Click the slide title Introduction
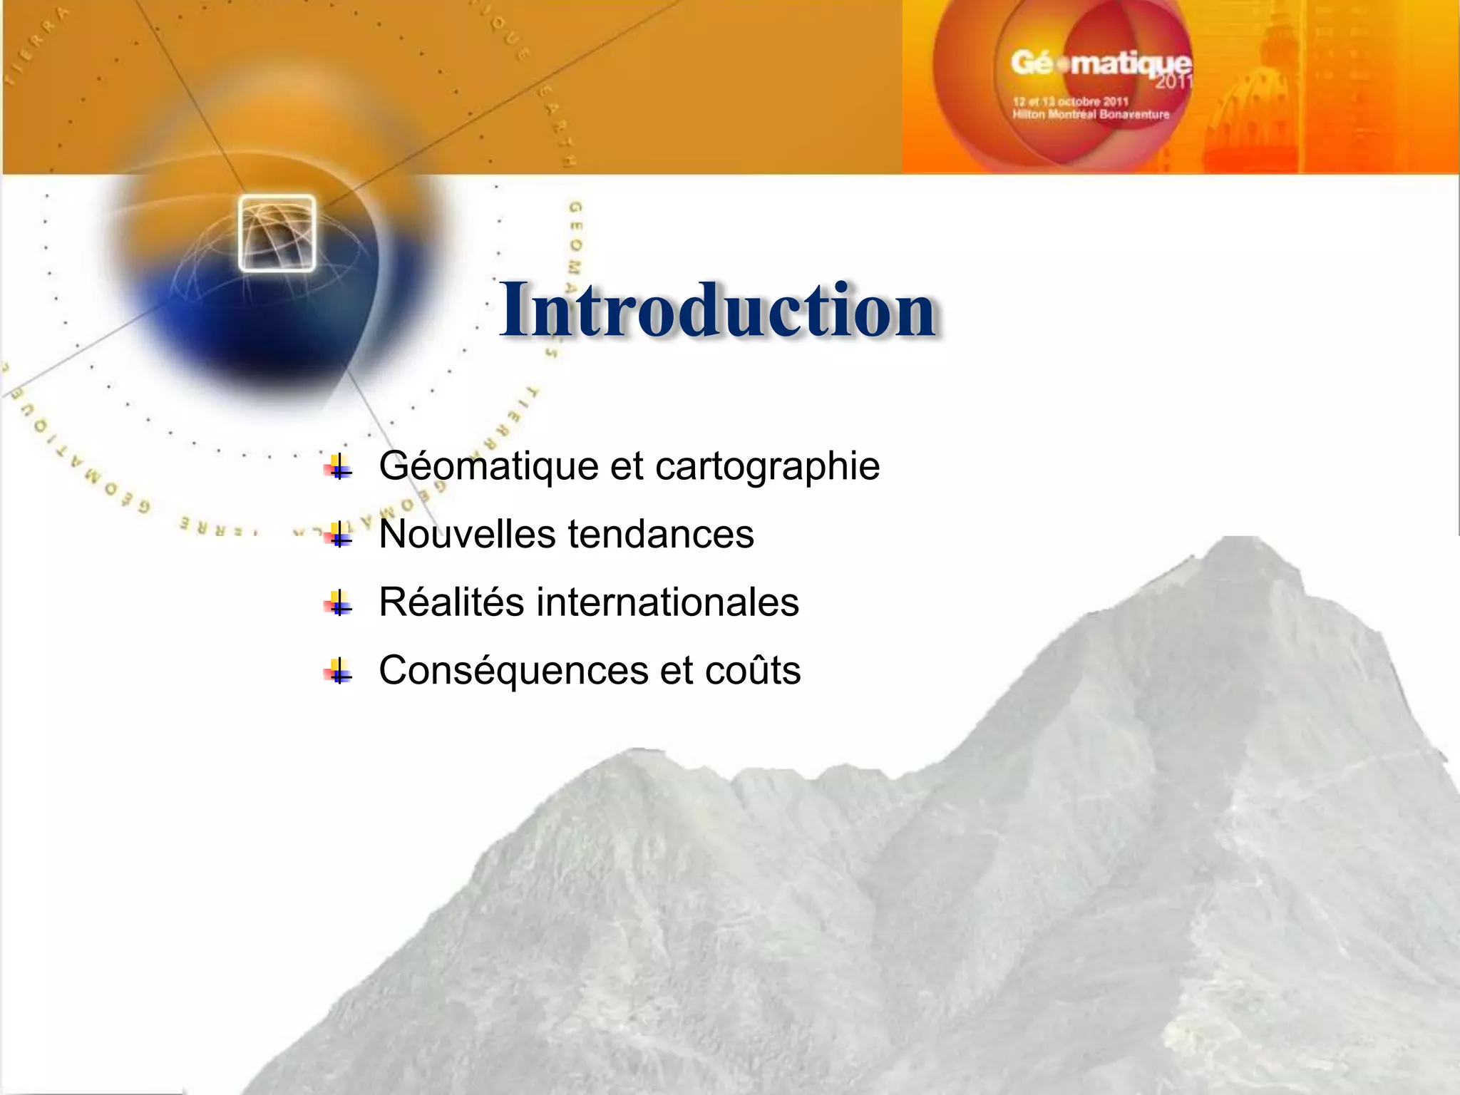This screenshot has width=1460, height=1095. tap(717, 310)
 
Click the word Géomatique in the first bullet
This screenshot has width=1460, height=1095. tap(489, 467)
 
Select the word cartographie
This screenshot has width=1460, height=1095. tap(767, 467)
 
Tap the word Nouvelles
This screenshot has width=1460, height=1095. tap(467, 534)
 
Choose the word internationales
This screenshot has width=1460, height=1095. tap(667, 602)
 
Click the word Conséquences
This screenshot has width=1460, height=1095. tap(513, 671)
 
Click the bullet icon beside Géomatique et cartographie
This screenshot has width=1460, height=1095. tap(339, 467)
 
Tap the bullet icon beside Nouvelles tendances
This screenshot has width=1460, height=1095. tap(339, 534)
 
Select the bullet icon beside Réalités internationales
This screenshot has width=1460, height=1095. tap(339, 604)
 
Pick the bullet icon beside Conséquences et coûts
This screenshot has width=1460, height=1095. tap(339, 672)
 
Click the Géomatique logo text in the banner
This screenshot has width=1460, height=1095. tap(1101, 64)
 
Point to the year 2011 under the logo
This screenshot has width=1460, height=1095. tap(1173, 81)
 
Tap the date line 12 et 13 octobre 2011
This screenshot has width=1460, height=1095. tap(1070, 102)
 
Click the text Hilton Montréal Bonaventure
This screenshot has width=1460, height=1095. tap(1091, 114)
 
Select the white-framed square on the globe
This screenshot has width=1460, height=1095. tap(277, 233)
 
